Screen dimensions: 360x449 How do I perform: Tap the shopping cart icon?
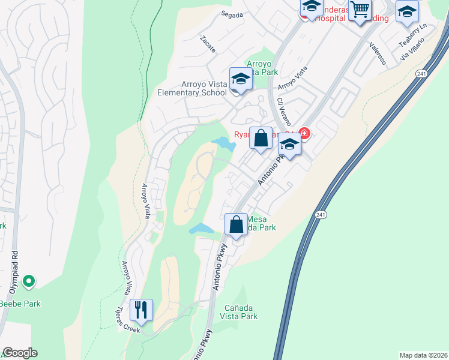[360, 10]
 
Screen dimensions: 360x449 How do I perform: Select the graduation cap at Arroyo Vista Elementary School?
[241, 79]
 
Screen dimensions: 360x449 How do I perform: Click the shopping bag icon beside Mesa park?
[237, 224]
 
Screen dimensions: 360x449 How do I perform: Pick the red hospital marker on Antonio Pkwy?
[304, 133]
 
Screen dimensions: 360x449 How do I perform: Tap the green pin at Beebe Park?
[28, 280]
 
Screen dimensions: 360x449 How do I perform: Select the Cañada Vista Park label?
[241, 312]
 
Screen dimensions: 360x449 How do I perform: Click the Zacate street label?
[208, 45]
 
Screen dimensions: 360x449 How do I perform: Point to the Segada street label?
[233, 14]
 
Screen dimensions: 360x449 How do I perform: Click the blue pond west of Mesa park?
[200, 229]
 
